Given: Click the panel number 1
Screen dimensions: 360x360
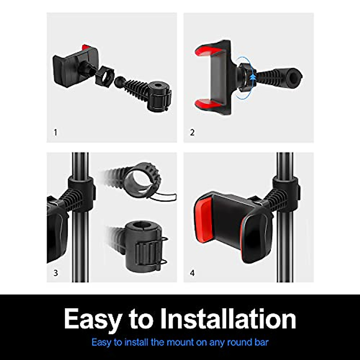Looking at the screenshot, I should (x=55, y=132).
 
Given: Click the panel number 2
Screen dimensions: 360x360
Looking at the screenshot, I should (x=192, y=132).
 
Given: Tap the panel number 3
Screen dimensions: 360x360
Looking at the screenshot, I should (x=55, y=273).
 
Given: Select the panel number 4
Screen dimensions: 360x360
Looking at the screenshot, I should (x=192, y=273).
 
